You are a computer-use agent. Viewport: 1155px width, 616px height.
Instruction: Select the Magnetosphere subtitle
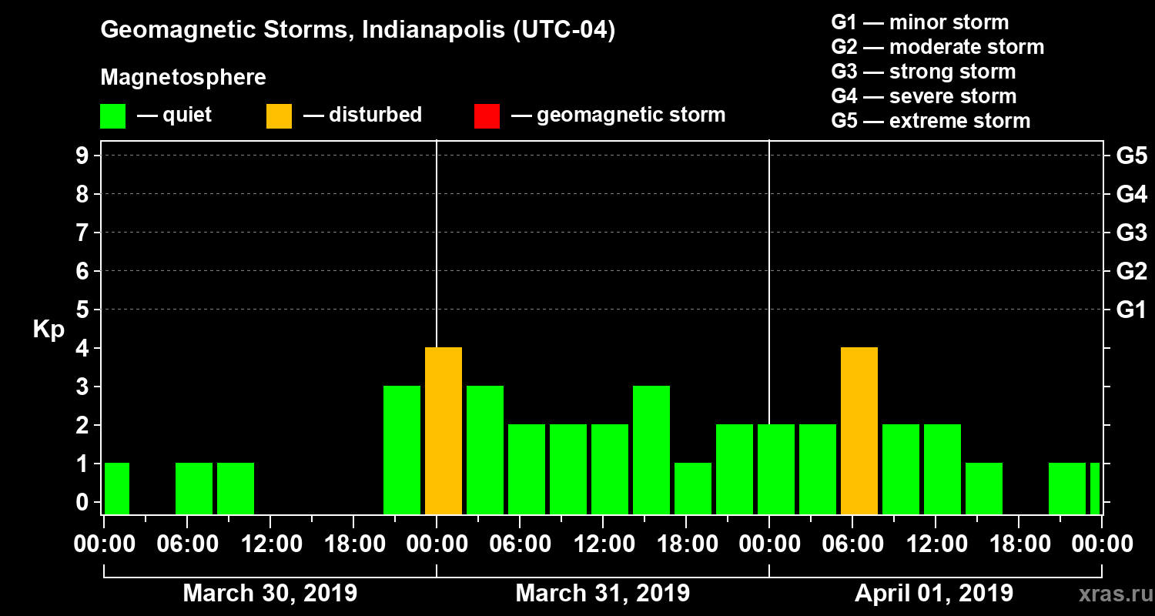[x=183, y=78]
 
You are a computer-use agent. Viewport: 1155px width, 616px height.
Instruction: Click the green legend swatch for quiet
[x=112, y=116]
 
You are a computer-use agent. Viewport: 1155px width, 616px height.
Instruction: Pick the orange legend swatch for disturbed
[x=279, y=116]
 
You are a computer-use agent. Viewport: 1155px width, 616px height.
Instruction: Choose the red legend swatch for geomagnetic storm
[x=487, y=116]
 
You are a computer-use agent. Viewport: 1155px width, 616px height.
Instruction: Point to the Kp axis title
[x=49, y=330]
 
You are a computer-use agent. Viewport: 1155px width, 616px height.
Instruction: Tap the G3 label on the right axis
[x=1131, y=233]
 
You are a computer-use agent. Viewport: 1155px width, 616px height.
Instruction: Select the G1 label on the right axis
[x=1131, y=310]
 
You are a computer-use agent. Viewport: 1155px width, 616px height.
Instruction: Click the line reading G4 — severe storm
[x=923, y=96]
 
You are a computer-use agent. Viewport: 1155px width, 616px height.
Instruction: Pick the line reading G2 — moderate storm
[x=937, y=47]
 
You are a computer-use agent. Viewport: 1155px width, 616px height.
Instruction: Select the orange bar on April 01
[x=859, y=430]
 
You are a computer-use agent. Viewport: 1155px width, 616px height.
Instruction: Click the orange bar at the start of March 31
[x=444, y=430]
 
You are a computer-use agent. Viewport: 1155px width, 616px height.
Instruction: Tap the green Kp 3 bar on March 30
[x=402, y=450]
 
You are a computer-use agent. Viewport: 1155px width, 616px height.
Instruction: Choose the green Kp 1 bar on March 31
[x=693, y=488]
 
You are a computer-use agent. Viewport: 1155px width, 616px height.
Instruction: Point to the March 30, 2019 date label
[x=269, y=594]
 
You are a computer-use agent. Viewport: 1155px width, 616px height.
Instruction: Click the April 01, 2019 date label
[x=934, y=594]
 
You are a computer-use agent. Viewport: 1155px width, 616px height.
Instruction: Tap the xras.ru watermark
[x=1110, y=594]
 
